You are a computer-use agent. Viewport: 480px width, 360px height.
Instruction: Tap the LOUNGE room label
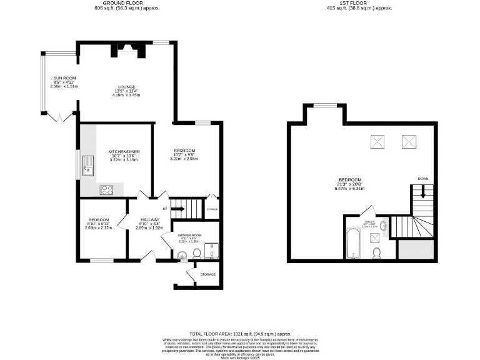(127, 87)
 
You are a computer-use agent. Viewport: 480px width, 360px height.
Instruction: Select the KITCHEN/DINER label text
(122, 152)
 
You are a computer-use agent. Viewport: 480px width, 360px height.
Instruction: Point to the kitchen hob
(106, 190)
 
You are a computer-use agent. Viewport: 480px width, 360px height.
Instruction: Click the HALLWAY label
(150, 219)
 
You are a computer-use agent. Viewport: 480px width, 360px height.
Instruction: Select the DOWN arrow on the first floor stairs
(424, 190)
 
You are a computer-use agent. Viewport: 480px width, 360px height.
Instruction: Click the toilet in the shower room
(196, 253)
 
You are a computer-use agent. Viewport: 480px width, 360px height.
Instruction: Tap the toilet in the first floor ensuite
(377, 252)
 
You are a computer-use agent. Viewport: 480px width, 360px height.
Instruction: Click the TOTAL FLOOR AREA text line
(241, 334)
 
